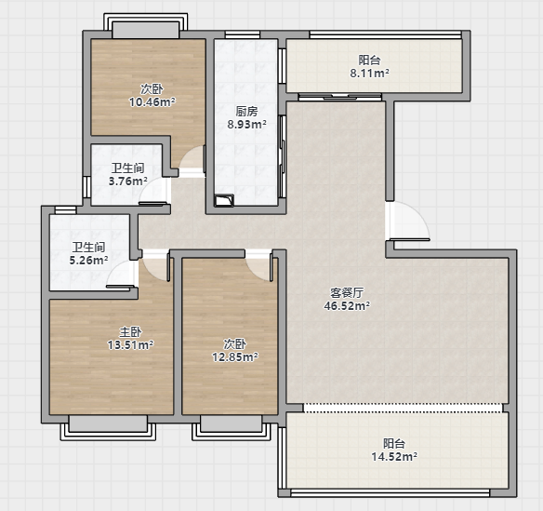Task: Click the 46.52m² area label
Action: pos(347,306)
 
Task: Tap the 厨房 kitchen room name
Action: pos(247,112)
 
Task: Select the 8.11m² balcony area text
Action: pos(369,74)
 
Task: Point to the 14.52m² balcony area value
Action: pos(394,457)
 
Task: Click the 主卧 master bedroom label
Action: pos(130,332)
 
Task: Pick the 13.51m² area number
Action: pos(130,345)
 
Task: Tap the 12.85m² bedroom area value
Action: pos(235,356)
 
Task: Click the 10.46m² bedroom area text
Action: pos(152,102)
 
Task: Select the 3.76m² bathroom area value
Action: pos(127,181)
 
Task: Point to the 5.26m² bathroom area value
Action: pos(88,260)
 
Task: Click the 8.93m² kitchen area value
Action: pos(246,124)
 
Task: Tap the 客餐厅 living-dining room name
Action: pos(347,293)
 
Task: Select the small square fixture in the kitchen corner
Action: pos(224,201)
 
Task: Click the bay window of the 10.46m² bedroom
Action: pos(145,26)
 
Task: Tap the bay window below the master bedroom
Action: pos(108,427)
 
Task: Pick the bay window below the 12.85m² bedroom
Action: pos(231,427)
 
